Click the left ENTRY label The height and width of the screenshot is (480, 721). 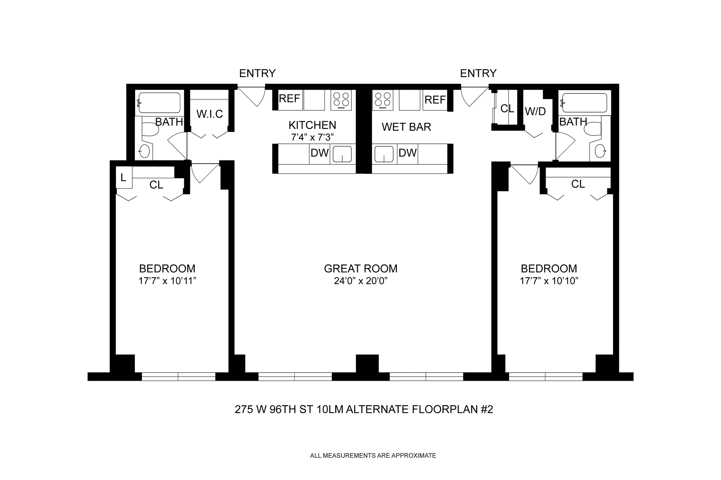[257, 73]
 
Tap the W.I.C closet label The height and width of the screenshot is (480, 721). [210, 114]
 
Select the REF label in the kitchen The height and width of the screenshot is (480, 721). [289, 99]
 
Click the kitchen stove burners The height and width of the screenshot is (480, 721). [341, 100]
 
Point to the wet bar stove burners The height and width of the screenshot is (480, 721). [383, 100]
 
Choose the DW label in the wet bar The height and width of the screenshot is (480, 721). [407, 153]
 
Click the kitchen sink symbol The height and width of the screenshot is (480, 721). [342, 154]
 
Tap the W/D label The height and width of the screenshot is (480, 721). [535, 111]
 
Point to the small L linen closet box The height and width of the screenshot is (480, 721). [124, 178]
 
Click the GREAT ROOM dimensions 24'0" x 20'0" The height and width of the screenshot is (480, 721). [360, 281]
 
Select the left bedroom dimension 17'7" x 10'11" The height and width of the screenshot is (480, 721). [167, 281]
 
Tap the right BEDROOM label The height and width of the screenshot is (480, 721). [549, 269]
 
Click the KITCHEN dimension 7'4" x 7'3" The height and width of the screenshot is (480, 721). [312, 137]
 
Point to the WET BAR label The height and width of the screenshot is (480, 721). [406, 127]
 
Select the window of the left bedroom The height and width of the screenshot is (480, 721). [178, 376]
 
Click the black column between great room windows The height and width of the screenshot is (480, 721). [367, 364]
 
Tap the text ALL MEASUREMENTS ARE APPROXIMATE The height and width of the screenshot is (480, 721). [373, 456]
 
